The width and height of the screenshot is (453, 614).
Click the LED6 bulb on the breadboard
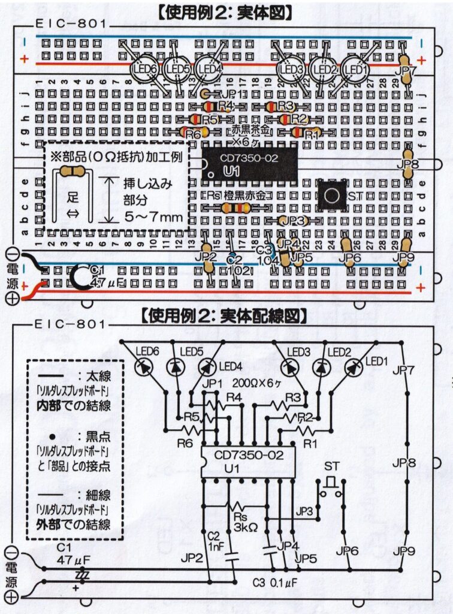point(144,70)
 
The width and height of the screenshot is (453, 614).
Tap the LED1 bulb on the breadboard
point(357,70)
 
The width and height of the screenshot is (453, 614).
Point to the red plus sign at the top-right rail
point(421,59)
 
